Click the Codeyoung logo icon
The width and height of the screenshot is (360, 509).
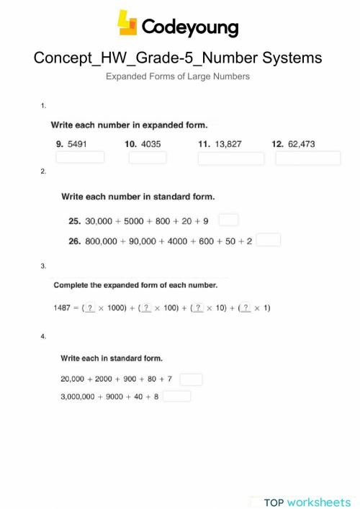click(127, 23)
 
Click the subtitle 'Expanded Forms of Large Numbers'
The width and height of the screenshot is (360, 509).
click(178, 76)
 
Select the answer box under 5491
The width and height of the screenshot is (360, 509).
click(80, 157)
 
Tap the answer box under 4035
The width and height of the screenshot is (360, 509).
click(148, 157)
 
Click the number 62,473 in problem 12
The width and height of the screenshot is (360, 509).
click(302, 144)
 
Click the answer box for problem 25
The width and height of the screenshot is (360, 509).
click(228, 220)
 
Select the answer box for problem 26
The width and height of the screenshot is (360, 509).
click(268, 240)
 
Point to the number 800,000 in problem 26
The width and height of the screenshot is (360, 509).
click(101, 241)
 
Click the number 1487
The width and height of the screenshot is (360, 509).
click(62, 308)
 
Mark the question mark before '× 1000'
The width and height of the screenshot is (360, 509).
click(90, 308)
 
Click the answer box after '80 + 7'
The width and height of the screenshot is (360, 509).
click(191, 379)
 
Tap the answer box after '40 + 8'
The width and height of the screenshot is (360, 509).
click(176, 396)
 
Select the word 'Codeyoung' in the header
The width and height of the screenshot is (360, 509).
click(189, 27)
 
